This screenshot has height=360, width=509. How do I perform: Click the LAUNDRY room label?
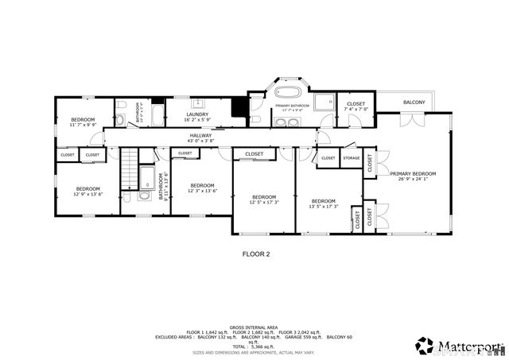click(x=197, y=114)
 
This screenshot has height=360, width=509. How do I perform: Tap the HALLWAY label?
click(x=200, y=136)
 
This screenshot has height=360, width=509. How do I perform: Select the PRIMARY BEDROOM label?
click(x=413, y=173)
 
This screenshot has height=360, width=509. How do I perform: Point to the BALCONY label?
click(x=414, y=103)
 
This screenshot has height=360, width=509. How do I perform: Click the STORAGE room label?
click(x=351, y=158)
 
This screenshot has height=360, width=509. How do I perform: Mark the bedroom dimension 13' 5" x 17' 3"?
click(x=324, y=207)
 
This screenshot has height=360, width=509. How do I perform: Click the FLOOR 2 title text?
click(x=256, y=254)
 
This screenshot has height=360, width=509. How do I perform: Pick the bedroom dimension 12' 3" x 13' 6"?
click(x=202, y=191)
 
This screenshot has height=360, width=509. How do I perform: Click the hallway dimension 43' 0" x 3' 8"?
click(x=200, y=141)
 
